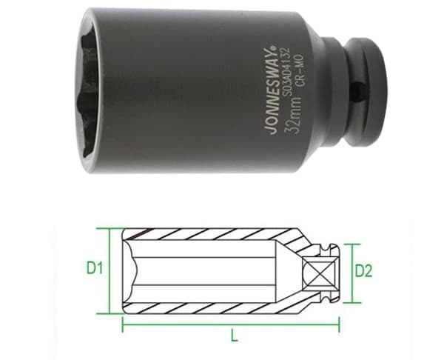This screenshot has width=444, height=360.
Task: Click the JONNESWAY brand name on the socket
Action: click(270, 90)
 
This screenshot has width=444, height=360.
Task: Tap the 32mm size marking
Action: click(291, 114)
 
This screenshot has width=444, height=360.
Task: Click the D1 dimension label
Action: click(95, 268)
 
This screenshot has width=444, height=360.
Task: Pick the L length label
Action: click(234, 336)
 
